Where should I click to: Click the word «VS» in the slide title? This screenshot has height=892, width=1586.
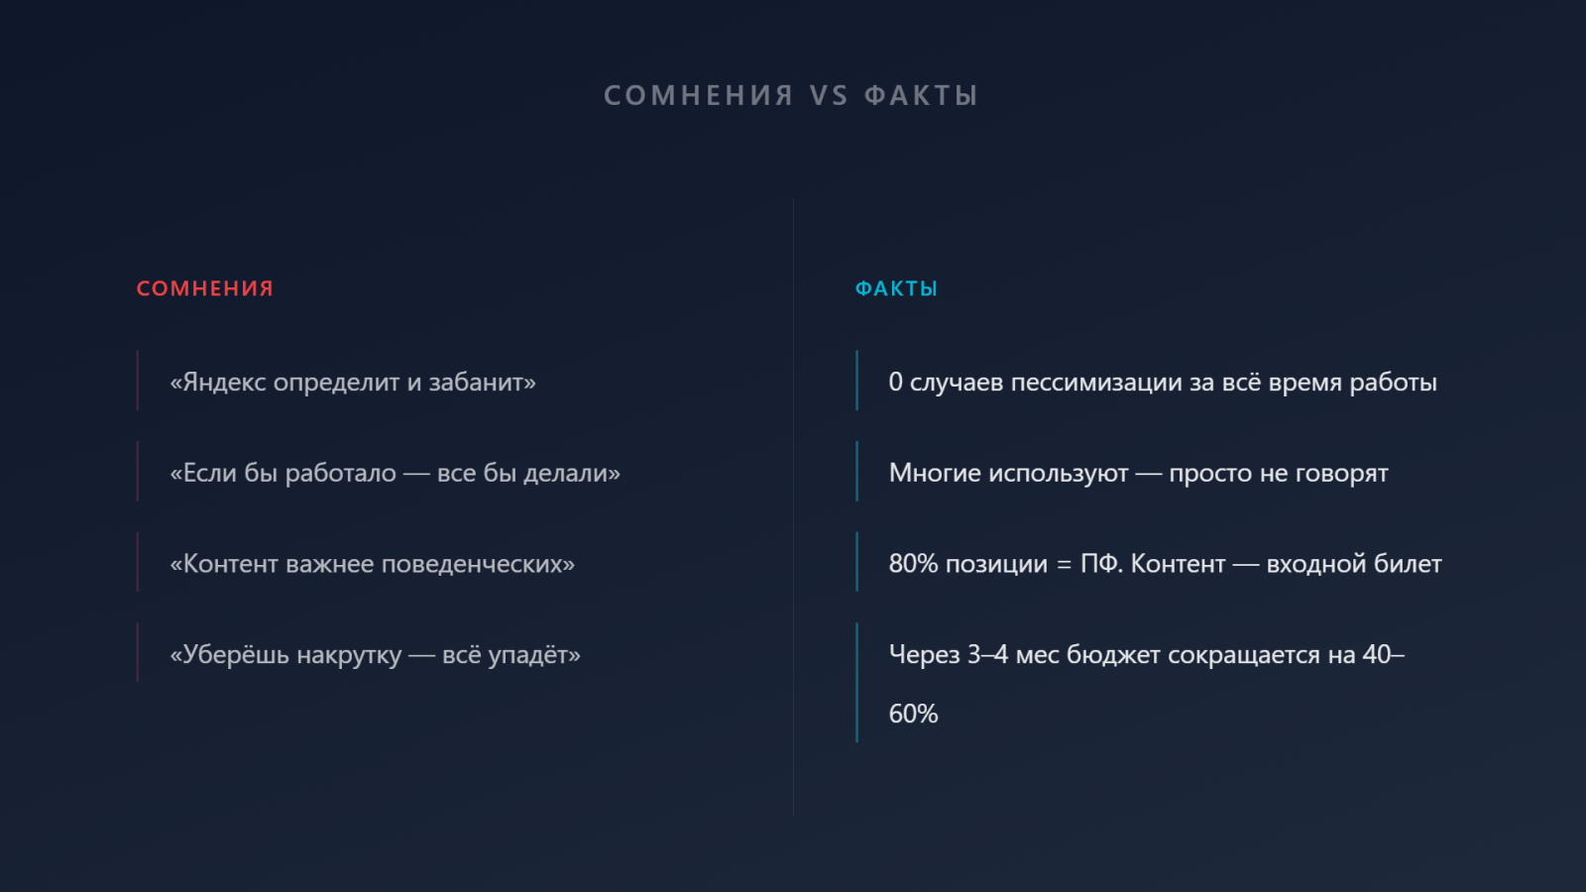829,95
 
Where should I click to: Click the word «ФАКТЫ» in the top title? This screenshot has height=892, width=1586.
921,95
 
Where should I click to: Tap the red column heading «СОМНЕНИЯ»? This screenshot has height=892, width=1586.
204,288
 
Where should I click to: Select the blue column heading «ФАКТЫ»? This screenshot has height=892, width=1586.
896,288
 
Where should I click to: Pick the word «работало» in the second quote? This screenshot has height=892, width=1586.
341,473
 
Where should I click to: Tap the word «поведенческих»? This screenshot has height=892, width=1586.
478,564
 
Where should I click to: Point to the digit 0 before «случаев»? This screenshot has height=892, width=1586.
896,383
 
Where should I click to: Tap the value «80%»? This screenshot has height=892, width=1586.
913,564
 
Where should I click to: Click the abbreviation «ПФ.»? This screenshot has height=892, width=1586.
1101,564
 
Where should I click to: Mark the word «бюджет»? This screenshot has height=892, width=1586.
1113,655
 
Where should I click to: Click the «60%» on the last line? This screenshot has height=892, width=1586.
913,714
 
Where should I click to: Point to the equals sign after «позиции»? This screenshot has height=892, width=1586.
1065,565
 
